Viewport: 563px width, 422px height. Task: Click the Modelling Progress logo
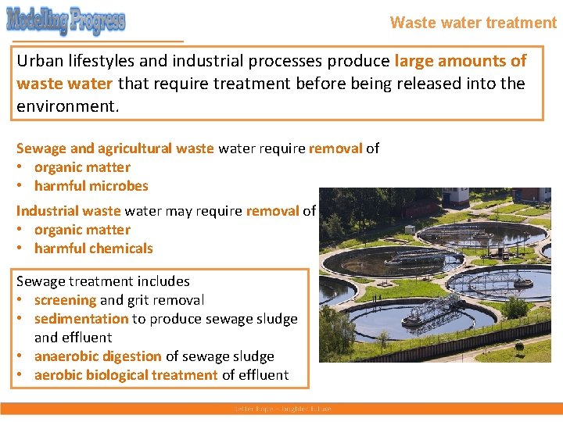[66, 20]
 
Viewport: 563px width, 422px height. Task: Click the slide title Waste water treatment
[473, 23]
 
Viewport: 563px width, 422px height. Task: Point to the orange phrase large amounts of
[461, 61]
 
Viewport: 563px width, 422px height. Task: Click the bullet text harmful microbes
[91, 186]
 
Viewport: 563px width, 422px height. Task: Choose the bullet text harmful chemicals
[94, 249]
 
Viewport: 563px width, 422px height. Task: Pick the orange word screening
[65, 300]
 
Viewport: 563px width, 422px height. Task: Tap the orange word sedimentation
[81, 319]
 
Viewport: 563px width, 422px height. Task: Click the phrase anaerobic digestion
[98, 356]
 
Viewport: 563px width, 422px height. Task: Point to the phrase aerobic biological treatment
[126, 375]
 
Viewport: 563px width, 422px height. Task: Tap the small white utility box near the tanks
[409, 230]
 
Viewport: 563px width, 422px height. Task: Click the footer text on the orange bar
[282, 409]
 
